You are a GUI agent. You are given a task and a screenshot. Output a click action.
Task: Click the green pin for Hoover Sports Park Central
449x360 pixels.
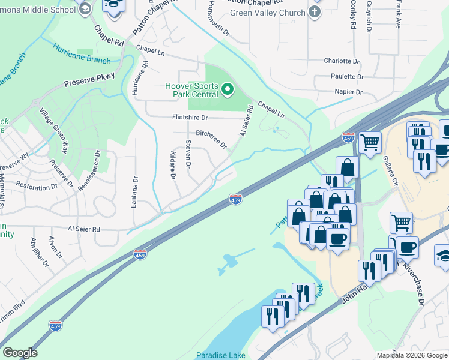point(228,91)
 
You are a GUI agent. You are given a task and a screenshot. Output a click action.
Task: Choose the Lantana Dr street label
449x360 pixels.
point(135,191)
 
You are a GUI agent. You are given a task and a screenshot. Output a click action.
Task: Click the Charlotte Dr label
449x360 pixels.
point(341,61)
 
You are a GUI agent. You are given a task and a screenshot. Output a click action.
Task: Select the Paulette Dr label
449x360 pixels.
point(347,77)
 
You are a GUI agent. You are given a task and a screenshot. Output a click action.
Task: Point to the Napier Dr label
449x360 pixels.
point(349,92)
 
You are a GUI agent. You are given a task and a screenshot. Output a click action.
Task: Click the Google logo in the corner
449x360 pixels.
point(20,353)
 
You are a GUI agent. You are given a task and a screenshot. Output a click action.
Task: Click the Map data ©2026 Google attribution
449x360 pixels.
point(412,355)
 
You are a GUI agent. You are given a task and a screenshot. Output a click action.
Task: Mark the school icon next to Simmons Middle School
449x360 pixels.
point(85,8)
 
